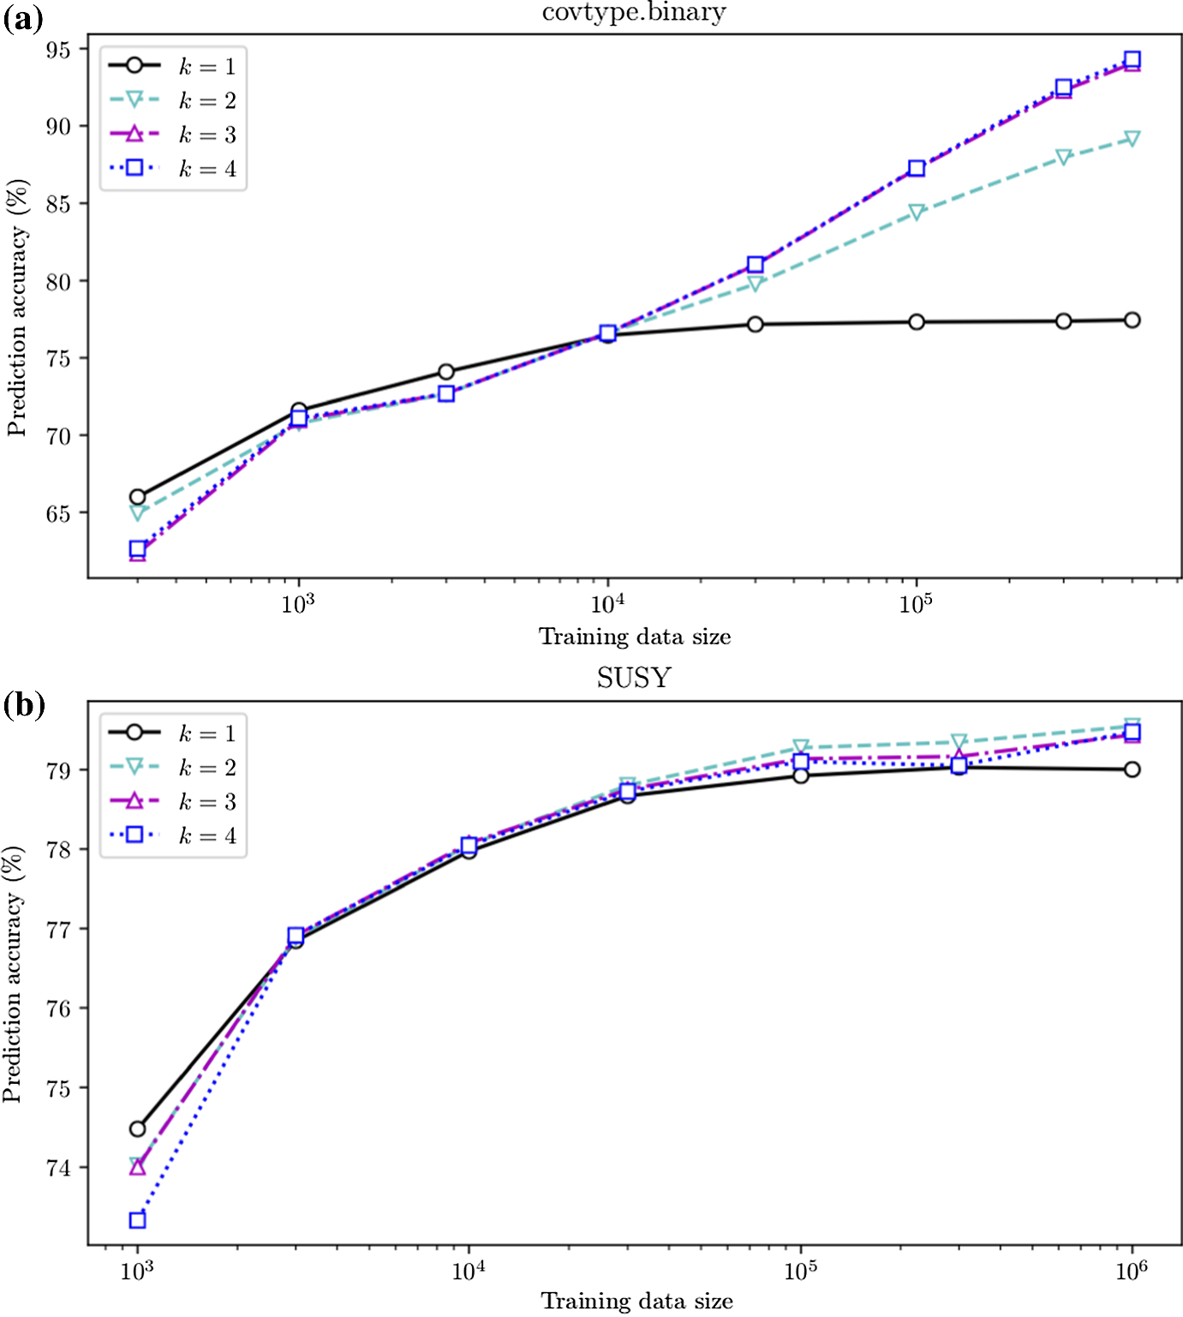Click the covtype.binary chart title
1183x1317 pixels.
coord(634,12)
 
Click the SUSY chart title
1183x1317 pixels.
coord(634,678)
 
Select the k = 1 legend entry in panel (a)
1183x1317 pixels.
coord(172,66)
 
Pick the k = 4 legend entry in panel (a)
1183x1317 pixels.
coord(172,169)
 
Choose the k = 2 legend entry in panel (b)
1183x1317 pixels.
coord(172,767)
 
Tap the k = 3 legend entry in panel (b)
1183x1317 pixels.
coord(172,801)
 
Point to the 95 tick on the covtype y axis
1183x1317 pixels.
coord(58,50)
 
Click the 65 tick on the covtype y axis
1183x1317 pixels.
coord(58,513)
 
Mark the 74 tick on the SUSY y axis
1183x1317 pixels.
coord(58,1168)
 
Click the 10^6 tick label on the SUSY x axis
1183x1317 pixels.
coord(1132,1271)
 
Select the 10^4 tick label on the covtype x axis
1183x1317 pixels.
coord(607,604)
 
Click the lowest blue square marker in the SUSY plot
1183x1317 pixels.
coord(137,1220)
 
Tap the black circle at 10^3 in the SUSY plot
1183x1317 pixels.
coord(137,1128)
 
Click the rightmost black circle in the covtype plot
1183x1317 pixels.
coord(1132,320)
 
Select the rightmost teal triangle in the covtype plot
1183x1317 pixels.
coord(1132,139)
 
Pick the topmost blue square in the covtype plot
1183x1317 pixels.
coord(1132,59)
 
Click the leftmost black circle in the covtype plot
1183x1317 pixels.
coord(137,497)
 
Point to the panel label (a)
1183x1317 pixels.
coord(22,19)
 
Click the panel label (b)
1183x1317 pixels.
coord(23,705)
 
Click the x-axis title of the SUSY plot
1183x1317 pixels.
coord(636,1302)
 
